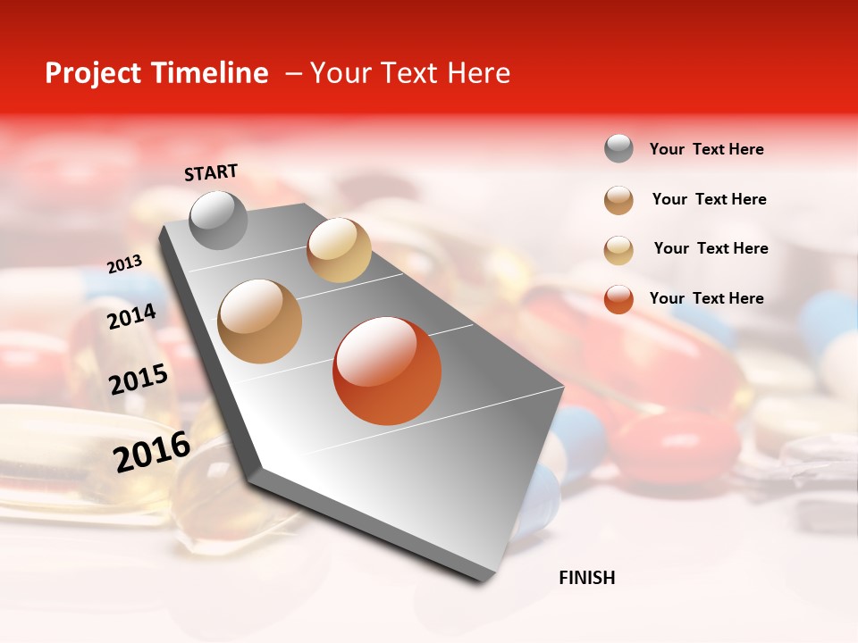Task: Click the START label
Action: point(211,172)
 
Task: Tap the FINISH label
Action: point(586,578)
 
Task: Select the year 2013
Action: point(124,264)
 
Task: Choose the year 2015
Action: point(139,380)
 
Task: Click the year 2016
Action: point(152,451)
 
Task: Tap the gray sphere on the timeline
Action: point(218,220)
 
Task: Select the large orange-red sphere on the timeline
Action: point(387,371)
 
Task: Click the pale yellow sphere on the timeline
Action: point(339,250)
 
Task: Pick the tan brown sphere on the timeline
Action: point(260,321)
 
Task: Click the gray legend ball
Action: point(618,149)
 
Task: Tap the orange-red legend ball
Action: point(618,298)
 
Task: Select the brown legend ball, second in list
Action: point(618,199)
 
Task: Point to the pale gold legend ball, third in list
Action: point(618,249)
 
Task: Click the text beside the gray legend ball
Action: point(706,149)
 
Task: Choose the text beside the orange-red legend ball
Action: point(706,298)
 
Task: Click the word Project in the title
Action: point(92,73)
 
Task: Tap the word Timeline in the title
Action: point(208,73)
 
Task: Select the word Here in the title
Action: point(478,73)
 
